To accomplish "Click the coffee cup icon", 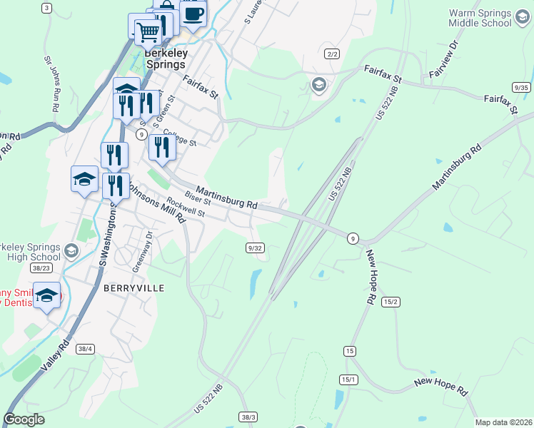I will [x=193, y=13].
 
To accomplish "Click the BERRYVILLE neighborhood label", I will [x=133, y=288].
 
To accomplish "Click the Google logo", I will [x=24, y=419].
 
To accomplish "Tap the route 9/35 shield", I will [x=521, y=87].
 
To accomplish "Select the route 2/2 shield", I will [x=331, y=54].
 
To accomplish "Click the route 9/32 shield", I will [x=255, y=248].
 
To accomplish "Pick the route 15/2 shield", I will [x=391, y=302].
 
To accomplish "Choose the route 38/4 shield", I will [x=85, y=349].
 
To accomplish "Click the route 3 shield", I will [x=46, y=8].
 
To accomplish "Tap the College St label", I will [x=179, y=136].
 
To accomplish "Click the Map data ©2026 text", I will [x=503, y=422].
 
